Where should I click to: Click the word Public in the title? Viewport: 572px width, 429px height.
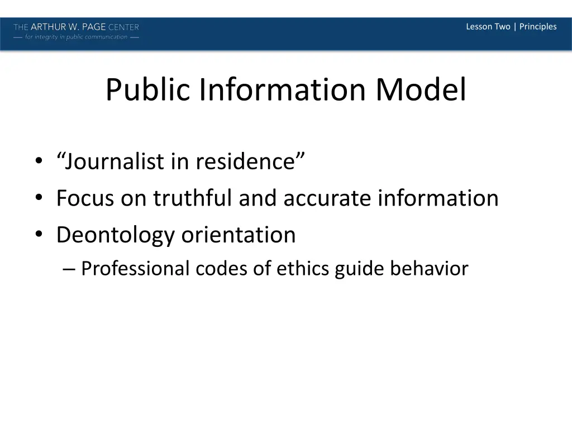[x=148, y=89]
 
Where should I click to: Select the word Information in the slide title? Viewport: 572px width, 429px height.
[x=283, y=89]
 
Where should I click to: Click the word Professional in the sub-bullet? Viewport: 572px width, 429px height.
[x=136, y=269]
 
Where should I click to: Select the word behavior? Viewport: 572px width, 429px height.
[x=429, y=269]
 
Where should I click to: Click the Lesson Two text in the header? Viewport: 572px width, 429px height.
[x=488, y=27]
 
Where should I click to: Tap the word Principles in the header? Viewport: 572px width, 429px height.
[x=538, y=27]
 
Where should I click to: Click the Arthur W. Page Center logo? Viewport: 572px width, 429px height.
[x=77, y=31]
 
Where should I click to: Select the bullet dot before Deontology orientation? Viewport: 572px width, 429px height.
[x=39, y=235]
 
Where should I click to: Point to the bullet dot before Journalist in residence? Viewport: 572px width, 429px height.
[x=39, y=163]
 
